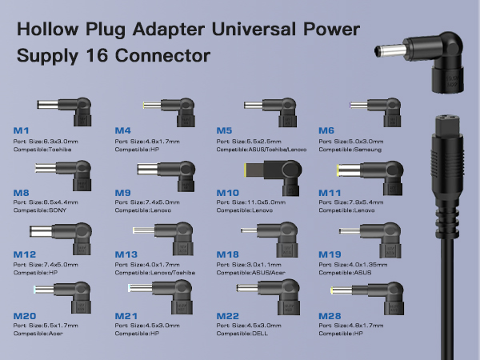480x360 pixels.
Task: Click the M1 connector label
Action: pyautogui.click(x=22, y=130)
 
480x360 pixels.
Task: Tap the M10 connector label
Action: pyautogui.click(x=229, y=193)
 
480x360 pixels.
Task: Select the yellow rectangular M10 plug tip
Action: pyautogui.click(x=247, y=170)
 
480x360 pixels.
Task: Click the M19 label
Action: pyautogui.click(x=330, y=254)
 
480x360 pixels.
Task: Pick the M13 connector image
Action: pyautogui.click(x=168, y=234)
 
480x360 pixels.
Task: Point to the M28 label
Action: pyautogui.click(x=330, y=316)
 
